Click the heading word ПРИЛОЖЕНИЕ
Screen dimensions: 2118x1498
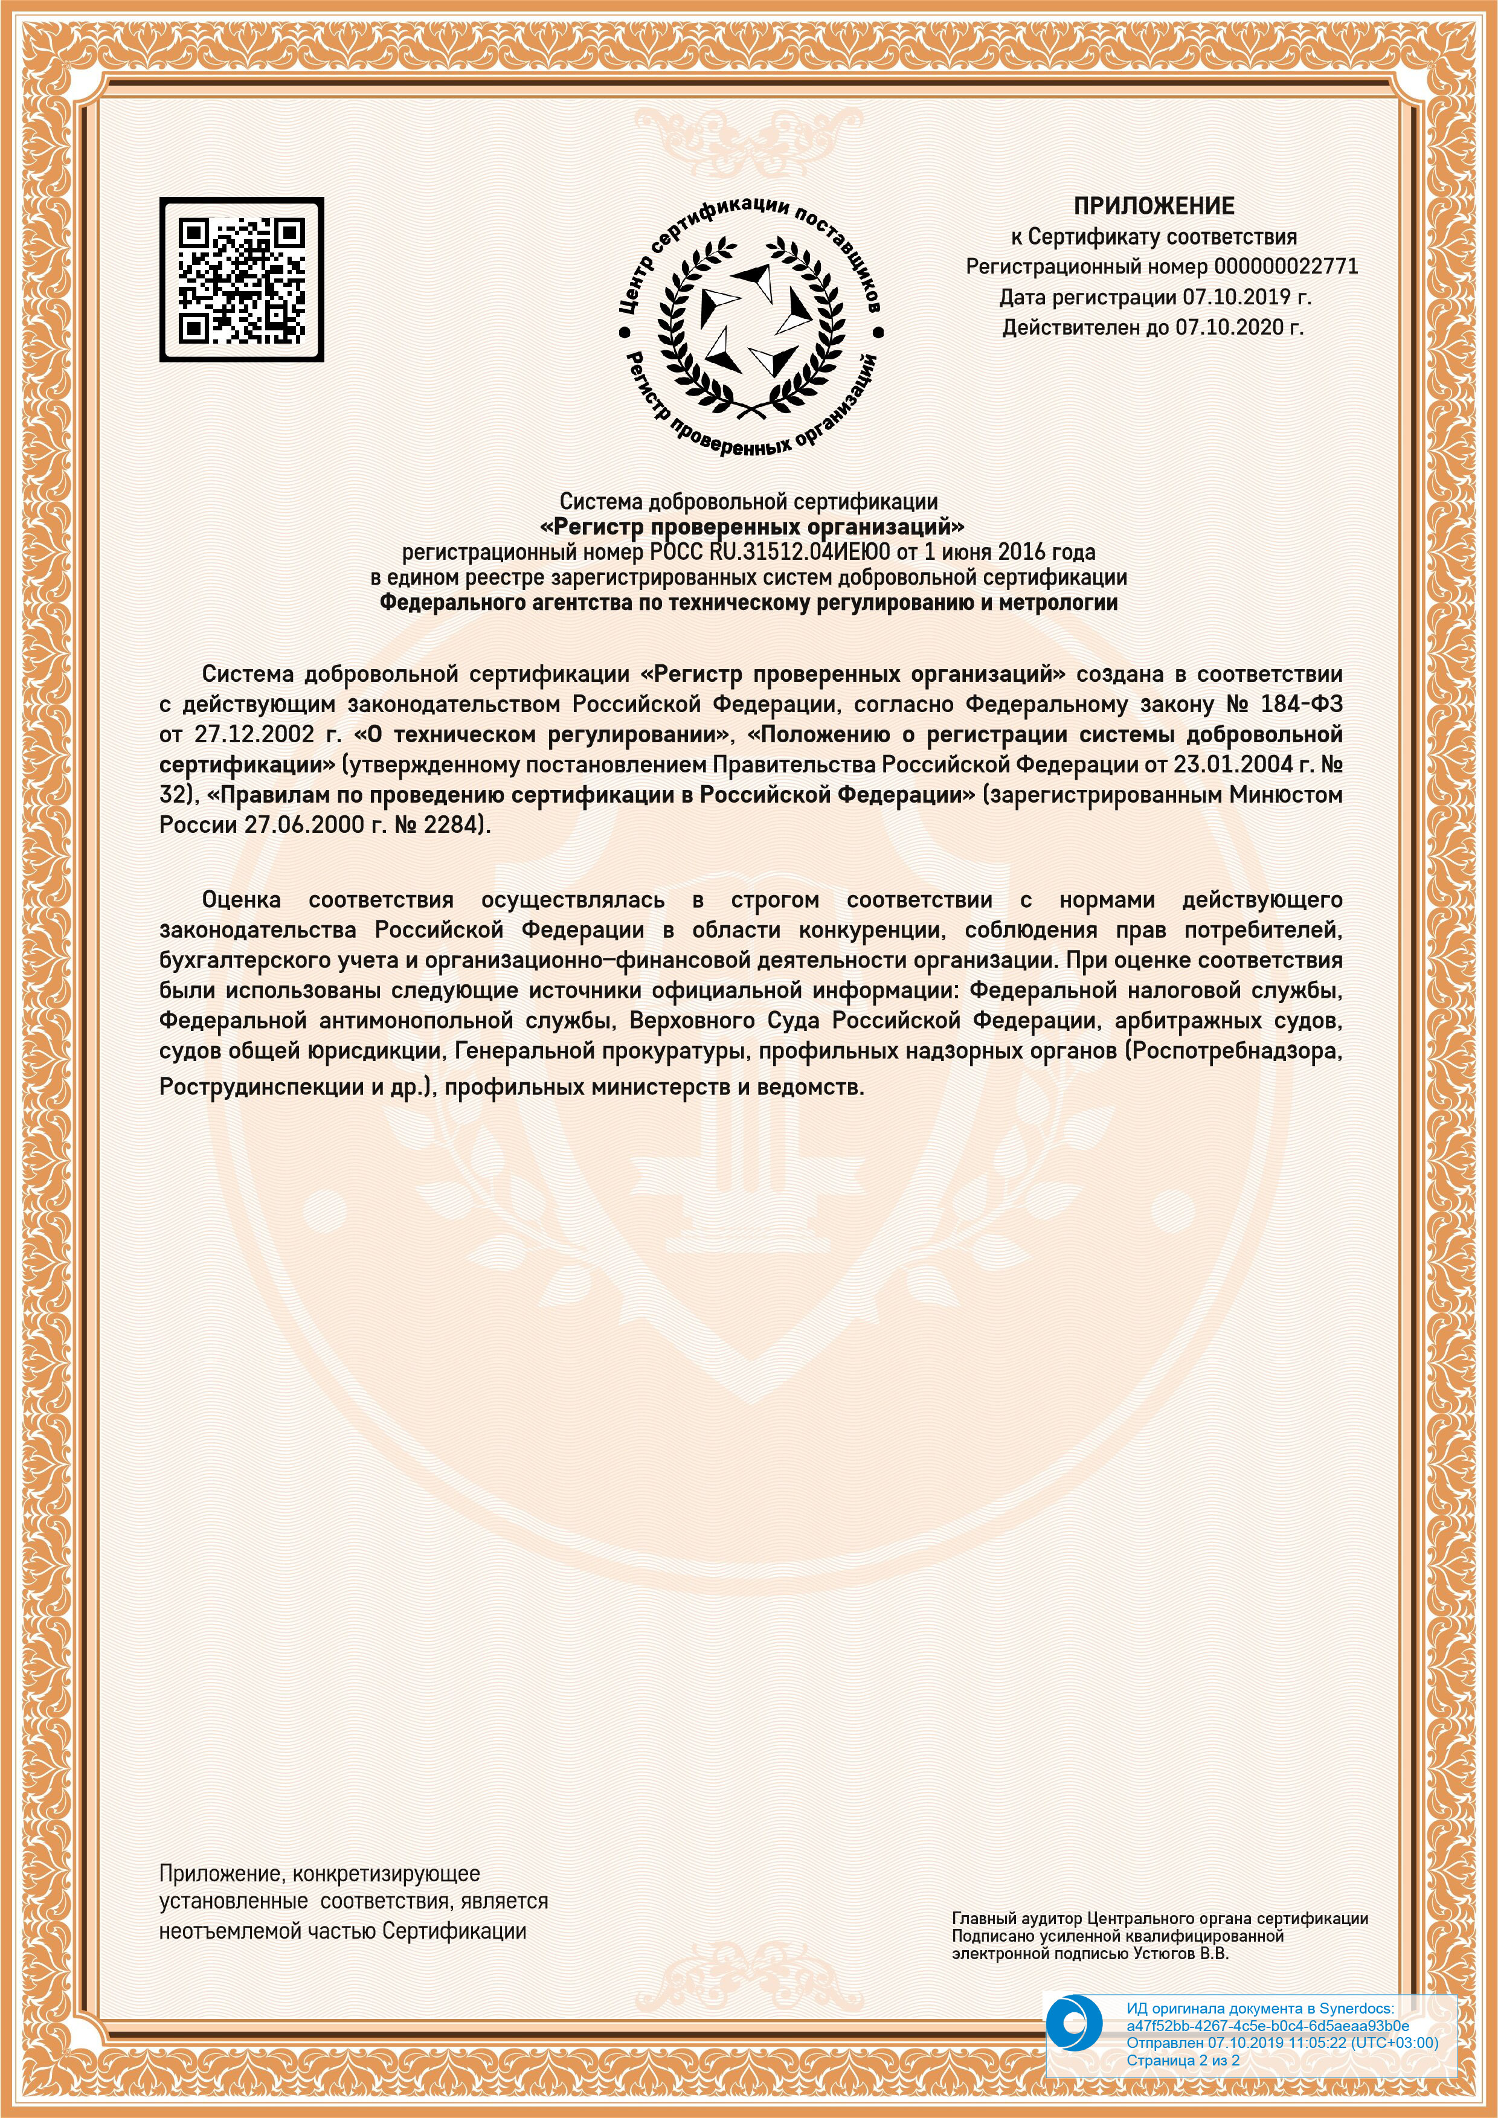1153,206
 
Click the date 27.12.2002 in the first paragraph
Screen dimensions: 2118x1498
254,735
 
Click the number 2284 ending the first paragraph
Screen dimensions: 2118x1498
449,825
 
